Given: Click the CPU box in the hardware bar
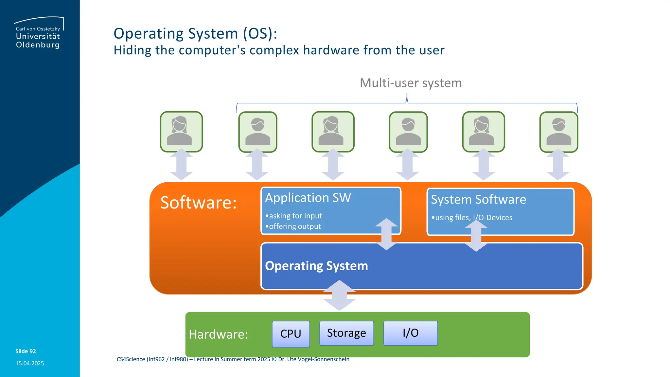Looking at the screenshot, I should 291,334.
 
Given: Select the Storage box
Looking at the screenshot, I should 346,333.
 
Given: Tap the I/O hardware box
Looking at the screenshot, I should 410,333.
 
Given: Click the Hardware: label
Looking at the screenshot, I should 218,334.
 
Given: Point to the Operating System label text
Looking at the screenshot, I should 316,266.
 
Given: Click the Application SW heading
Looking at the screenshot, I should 308,198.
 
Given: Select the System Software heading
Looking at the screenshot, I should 478,199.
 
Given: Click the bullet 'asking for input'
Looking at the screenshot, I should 294,216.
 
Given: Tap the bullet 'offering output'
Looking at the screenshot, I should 293,226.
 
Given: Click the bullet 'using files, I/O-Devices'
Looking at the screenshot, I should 472,218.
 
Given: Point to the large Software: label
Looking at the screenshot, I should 198,202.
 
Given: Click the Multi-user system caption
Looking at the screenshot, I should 411,83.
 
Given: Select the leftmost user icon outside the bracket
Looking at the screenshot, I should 181,132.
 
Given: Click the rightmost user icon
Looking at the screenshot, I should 558,132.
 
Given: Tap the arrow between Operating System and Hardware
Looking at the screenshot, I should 339,295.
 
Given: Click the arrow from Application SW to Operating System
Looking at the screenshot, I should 386,234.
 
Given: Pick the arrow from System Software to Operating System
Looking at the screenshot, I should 476,236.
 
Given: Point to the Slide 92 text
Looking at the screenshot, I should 26,351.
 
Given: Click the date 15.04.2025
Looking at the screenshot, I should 29,363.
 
